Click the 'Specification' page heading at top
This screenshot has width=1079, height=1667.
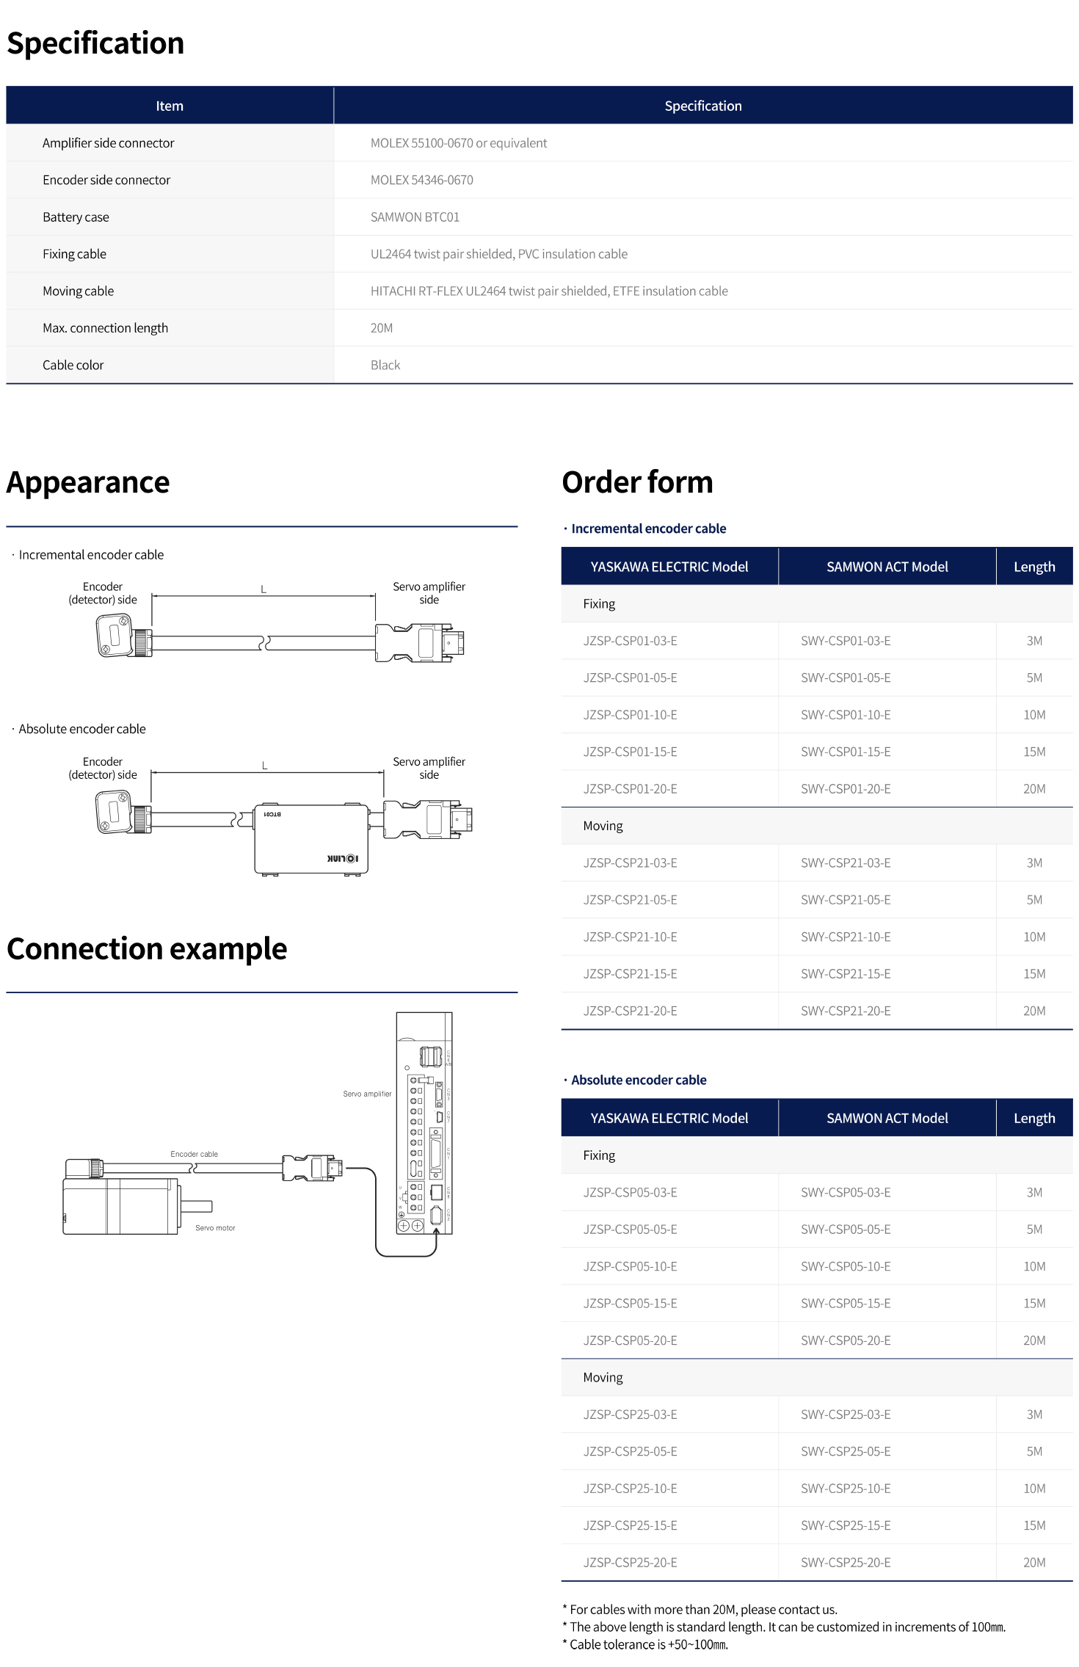95,43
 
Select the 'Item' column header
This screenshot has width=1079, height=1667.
170,106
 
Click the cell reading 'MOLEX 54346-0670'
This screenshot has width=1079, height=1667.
421,180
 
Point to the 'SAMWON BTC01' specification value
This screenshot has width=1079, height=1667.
415,217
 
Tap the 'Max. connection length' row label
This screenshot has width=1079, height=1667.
105,328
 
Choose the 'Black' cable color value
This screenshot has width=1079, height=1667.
385,365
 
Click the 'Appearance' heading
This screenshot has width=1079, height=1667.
88,482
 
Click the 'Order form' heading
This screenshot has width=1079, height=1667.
637,482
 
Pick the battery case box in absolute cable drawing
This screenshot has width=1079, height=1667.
310,839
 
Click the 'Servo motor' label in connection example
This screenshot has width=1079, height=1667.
215,1228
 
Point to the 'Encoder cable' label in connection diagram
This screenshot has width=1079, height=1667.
194,1154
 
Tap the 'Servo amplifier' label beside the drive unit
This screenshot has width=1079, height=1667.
367,1094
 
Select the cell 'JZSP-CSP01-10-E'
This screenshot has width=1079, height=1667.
630,715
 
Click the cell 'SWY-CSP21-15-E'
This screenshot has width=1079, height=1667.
846,974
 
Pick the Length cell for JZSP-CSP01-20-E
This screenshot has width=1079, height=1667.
1033,789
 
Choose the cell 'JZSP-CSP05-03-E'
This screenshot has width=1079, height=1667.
630,1193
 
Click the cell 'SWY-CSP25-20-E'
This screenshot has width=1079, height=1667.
846,1563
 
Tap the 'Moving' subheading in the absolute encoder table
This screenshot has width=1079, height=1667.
603,1378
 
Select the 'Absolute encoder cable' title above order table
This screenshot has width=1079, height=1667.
639,1080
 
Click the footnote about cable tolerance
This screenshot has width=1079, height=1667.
645,1645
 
